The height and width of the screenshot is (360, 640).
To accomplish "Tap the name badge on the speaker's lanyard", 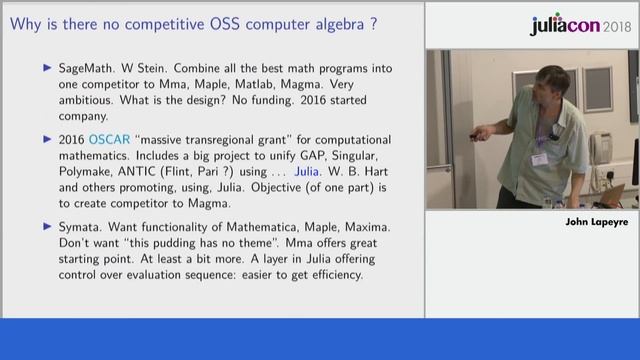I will click(540, 158).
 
